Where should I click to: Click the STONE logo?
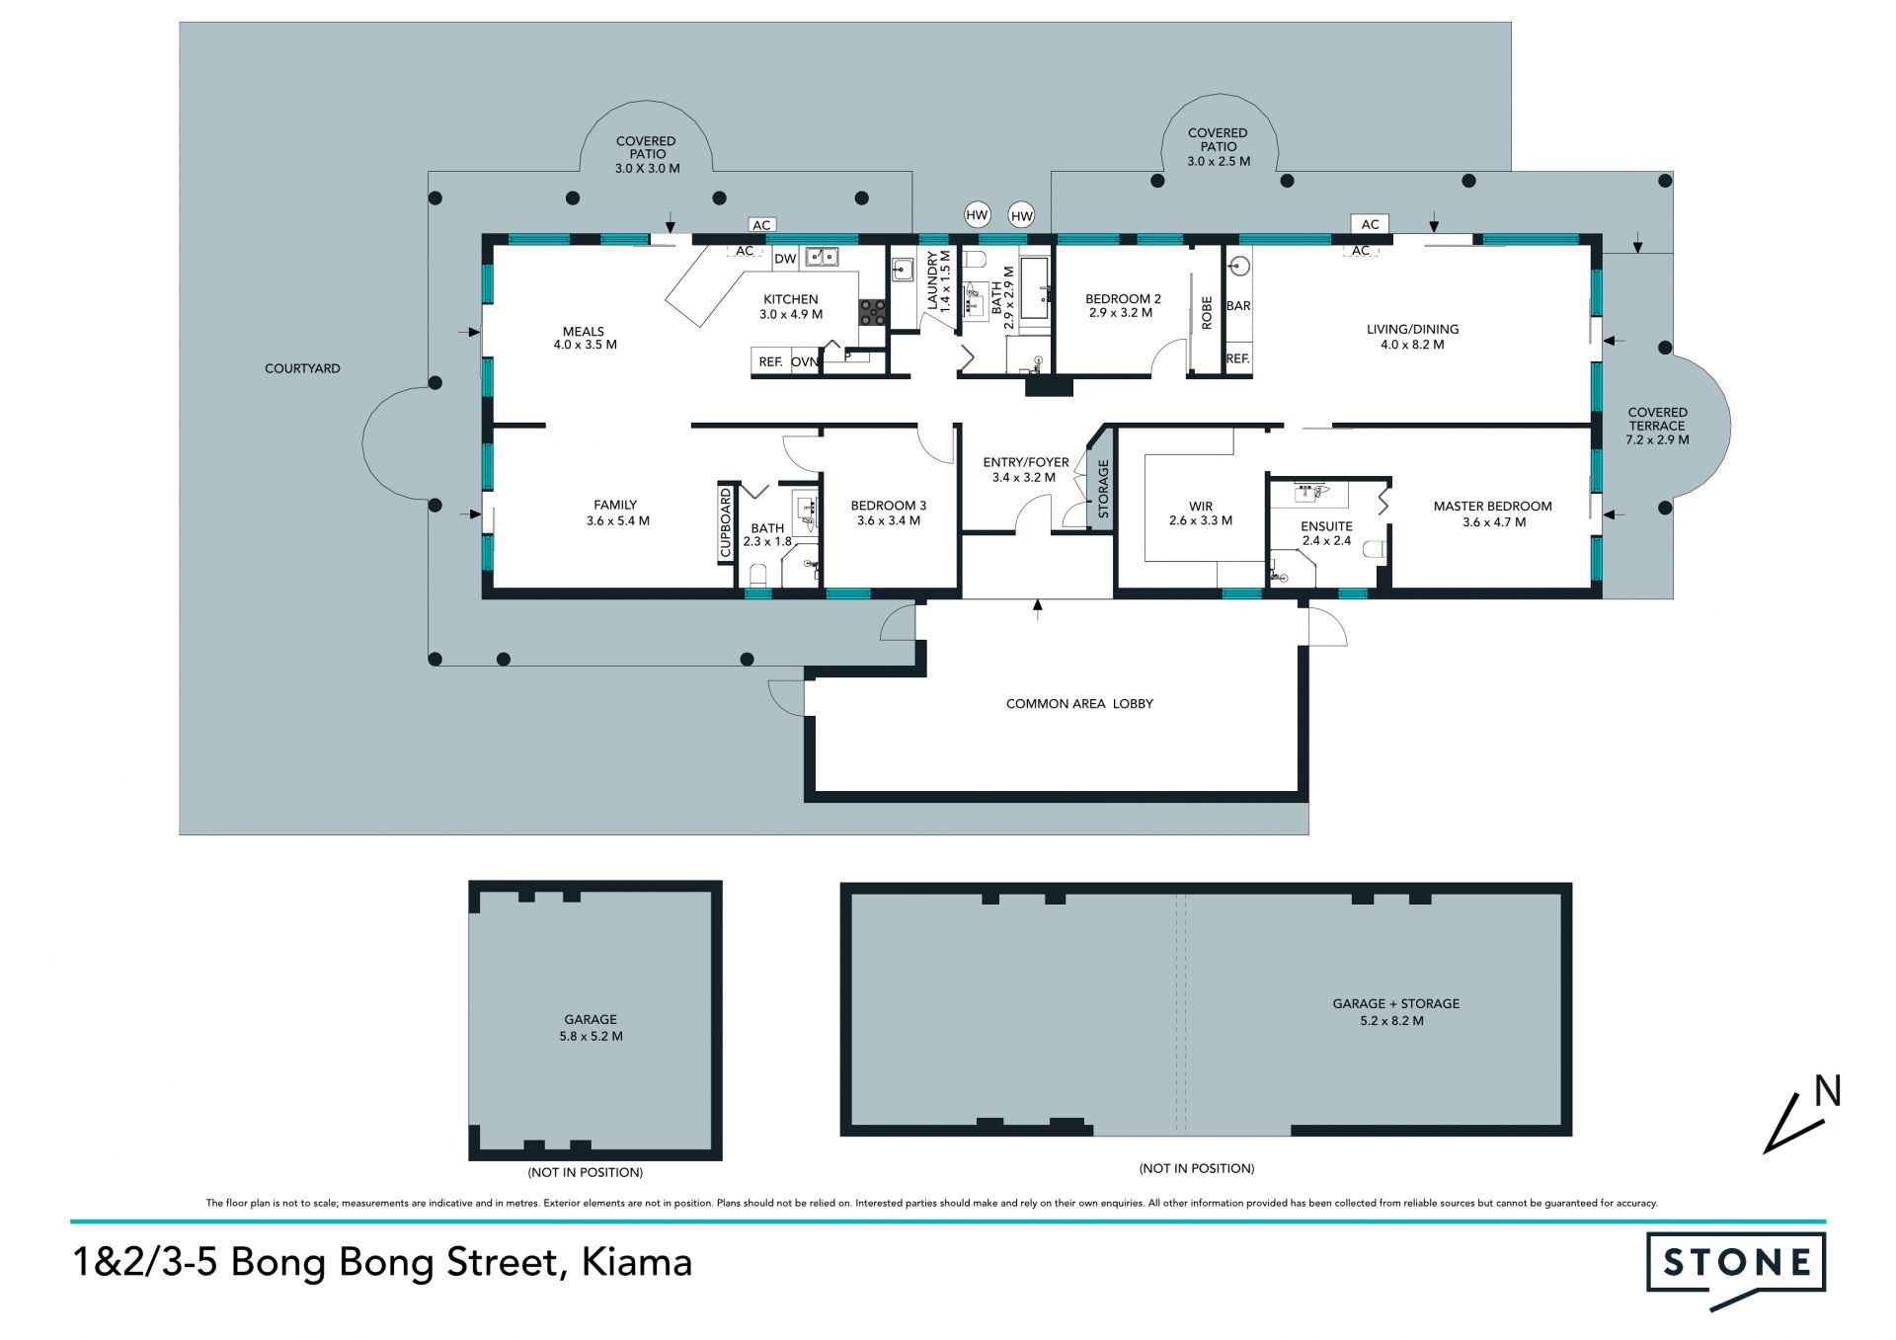pos(1736,1268)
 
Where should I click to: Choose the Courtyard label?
pos(302,368)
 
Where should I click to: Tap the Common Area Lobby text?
pos(1079,704)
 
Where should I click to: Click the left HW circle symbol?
pos(977,215)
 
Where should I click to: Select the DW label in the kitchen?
pos(785,259)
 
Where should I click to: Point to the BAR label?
pos(1238,306)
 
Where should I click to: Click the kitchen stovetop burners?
pos(872,312)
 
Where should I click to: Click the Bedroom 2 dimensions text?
pos(1121,313)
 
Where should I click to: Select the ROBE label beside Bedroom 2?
pos(1207,313)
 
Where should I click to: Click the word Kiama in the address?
pos(637,1262)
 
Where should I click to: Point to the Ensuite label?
pos(1326,526)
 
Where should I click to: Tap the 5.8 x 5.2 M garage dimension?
pos(591,1037)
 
